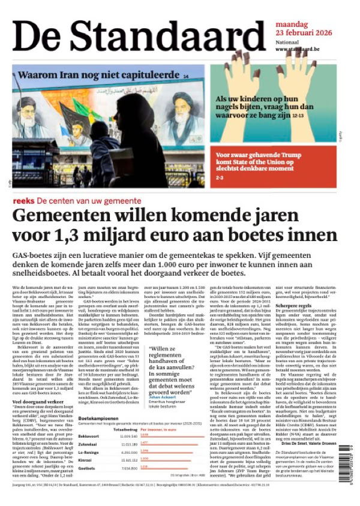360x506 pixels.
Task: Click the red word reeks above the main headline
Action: [23, 200]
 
